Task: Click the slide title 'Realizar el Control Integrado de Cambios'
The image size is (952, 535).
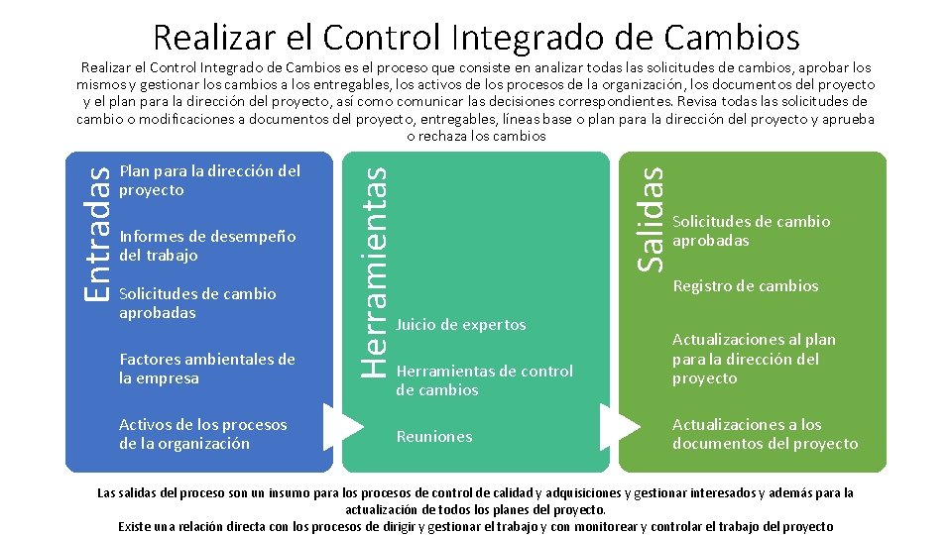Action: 476,37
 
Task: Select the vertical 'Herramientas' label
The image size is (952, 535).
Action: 372,268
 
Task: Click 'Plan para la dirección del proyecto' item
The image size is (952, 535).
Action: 209,180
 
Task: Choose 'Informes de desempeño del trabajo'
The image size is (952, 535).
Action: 207,246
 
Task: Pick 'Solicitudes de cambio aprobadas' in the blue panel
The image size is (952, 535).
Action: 197,303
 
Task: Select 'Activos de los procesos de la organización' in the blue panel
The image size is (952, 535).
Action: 202,434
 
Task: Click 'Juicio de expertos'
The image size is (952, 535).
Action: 461,325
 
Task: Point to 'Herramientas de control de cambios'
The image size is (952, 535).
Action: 484,380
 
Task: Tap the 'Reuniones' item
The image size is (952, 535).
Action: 434,437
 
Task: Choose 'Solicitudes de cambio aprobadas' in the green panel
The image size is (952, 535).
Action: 751,231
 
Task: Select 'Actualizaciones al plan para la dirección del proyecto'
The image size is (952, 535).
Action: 754,359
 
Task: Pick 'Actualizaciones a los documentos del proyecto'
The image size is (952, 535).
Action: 765,434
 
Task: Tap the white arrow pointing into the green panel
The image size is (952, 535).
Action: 622,425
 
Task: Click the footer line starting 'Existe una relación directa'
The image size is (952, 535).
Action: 476,526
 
